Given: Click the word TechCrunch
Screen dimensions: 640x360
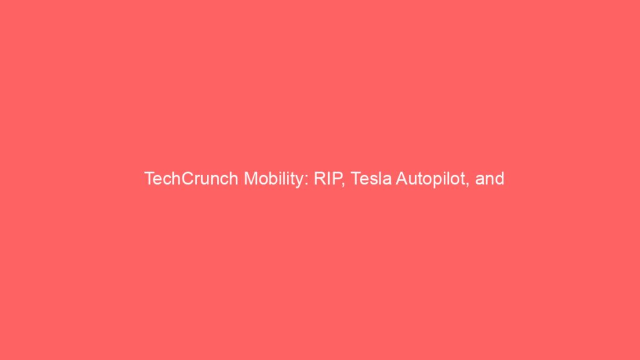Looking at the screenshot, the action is click(191, 179).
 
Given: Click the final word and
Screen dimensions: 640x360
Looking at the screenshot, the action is click(490, 179).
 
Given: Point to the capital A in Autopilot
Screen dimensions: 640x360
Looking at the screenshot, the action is click(402, 179).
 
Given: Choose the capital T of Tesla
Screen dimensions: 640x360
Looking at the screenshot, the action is click(356, 179).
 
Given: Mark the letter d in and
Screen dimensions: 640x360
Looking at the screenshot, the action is click(500, 179).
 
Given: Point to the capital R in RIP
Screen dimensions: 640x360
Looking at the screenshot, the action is click(320, 179).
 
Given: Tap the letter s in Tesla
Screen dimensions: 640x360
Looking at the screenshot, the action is click(376, 181).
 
